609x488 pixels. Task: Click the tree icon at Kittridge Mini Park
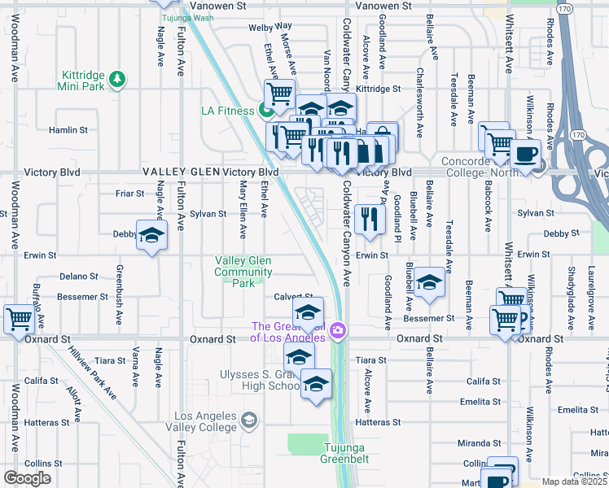point(120,78)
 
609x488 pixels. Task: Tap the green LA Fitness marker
point(265,111)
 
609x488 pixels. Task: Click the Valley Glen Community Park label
point(243,272)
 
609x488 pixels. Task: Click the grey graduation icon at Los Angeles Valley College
point(249,420)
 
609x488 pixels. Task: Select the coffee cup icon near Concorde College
point(525,153)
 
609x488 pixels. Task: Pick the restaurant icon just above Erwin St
point(370,218)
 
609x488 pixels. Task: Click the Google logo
point(27,478)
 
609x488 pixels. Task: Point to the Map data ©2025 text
point(574,481)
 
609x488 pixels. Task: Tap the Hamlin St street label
point(68,130)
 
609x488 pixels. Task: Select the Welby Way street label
point(269,27)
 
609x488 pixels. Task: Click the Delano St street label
point(78,277)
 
